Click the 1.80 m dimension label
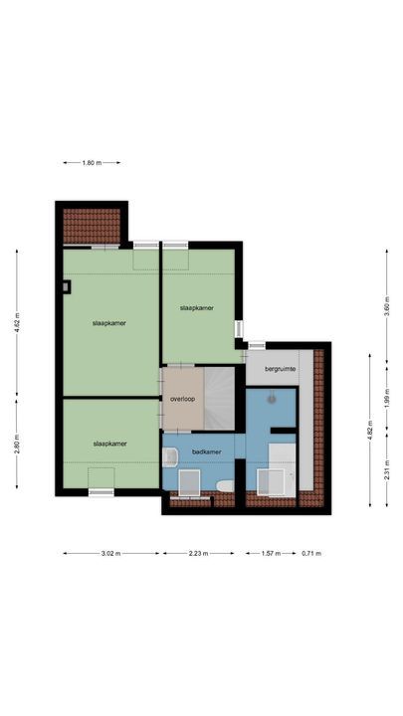[91, 162]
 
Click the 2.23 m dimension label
[198, 554]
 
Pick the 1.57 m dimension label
[270, 554]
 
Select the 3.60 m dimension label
[387, 305]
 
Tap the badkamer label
[206, 451]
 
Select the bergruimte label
[281, 368]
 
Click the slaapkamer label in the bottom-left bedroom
[109, 444]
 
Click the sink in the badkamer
[170, 457]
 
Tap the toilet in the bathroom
[225, 484]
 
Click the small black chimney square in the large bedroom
[66, 287]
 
